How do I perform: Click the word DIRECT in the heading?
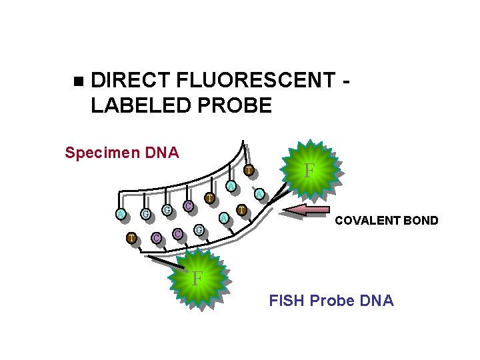[x=130, y=81]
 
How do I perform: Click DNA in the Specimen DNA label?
[x=163, y=153]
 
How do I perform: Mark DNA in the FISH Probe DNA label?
[x=377, y=301]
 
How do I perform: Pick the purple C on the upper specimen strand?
[x=189, y=207]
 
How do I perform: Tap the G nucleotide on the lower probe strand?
[x=199, y=231]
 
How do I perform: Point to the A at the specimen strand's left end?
[x=119, y=213]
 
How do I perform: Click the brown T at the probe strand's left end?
[x=132, y=237]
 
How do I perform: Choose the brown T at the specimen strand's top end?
[x=247, y=171]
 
